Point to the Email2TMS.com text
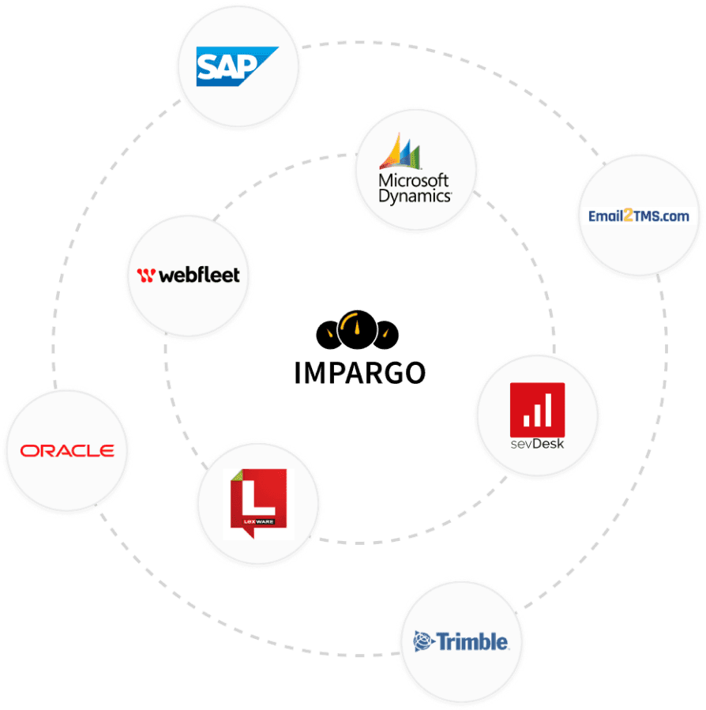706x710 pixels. coord(639,216)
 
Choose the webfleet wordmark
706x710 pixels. coord(198,276)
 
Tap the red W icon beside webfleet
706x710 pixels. coord(145,276)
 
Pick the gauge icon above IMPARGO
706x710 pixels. coord(355,330)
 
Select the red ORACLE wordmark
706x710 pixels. coord(67,451)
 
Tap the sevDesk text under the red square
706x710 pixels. coord(537,444)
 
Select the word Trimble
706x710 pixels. coord(473,641)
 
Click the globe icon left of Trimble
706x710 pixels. coord(425,641)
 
